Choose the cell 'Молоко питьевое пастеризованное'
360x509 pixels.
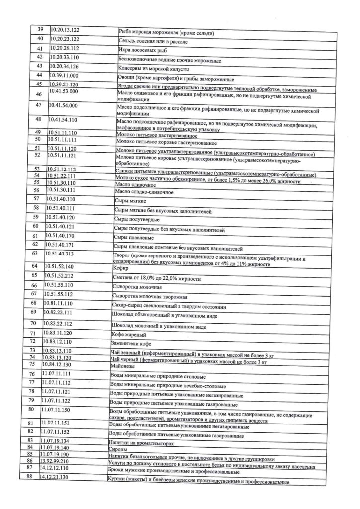156,135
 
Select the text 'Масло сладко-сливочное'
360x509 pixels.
144,191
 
